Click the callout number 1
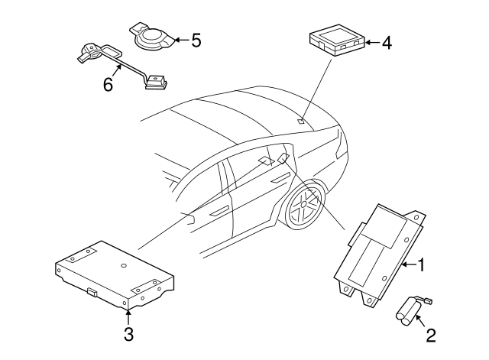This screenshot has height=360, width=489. (421, 265)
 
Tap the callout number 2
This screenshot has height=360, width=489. (431, 336)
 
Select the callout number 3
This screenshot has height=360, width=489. (128, 334)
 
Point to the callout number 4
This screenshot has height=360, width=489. (387, 43)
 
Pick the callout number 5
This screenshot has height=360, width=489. (196, 41)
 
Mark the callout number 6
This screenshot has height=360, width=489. (108, 84)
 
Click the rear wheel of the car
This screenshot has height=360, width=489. (303, 204)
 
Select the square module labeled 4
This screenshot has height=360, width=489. (337, 40)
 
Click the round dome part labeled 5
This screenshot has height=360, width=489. (152, 37)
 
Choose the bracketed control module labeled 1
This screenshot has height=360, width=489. (379, 256)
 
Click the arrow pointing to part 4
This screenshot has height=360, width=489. (372, 43)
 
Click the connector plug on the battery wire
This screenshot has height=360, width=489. (429, 300)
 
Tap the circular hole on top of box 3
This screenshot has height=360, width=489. (124, 265)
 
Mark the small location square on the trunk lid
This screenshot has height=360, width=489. (300, 121)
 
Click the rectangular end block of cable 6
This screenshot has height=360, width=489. (156, 83)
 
